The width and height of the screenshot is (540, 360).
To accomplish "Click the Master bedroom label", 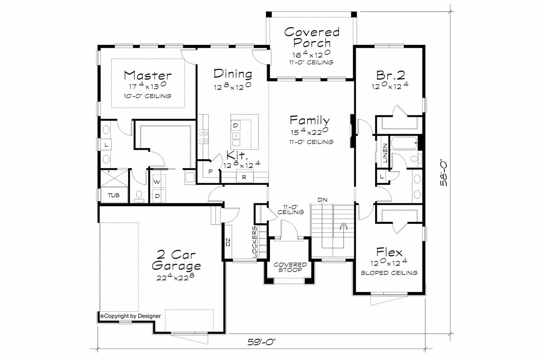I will click(x=148, y=76).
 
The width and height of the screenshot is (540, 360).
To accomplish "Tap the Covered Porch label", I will click(x=312, y=37).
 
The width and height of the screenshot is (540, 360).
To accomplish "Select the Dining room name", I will click(x=233, y=74).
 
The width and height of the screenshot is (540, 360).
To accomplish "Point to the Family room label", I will click(x=310, y=120).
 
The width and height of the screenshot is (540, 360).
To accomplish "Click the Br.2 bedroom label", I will click(x=390, y=75).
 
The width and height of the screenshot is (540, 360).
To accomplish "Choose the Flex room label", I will click(x=389, y=252).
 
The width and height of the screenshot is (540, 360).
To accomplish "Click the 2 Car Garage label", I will click(x=176, y=260).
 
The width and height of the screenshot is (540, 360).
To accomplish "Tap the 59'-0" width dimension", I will click(x=262, y=342).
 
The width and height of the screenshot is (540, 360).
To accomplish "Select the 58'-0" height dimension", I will click(x=444, y=172).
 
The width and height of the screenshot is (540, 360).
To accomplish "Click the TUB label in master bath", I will click(x=113, y=196).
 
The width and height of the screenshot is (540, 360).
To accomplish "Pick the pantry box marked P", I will click(x=210, y=171).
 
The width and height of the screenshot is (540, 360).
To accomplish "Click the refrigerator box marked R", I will click(x=244, y=177).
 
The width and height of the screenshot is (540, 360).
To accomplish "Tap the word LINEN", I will click(x=385, y=153).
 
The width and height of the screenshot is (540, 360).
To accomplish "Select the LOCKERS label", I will click(x=254, y=242).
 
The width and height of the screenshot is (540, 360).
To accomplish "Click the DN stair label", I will click(x=322, y=200).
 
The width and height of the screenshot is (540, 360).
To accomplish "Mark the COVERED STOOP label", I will click(x=290, y=267).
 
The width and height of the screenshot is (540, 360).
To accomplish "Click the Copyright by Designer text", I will click(x=130, y=316).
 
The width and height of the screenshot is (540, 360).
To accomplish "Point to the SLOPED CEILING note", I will click(x=389, y=273).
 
